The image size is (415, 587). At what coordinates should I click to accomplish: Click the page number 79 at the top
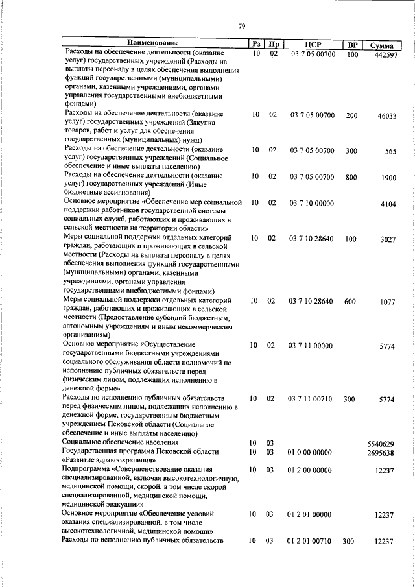[241, 26]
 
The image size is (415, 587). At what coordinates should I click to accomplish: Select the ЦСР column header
[313, 45]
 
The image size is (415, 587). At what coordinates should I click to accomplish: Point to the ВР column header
[353, 45]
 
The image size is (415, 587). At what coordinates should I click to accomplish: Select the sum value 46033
[386, 116]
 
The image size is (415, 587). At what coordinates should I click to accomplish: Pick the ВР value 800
[351, 177]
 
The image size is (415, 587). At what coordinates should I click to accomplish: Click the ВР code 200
[351, 115]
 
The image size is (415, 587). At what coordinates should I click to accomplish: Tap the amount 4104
[388, 204]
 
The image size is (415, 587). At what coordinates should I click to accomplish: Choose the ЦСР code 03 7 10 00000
[311, 203]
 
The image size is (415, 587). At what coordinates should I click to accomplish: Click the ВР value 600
[351, 301]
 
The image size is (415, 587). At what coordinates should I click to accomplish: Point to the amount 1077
[388, 302]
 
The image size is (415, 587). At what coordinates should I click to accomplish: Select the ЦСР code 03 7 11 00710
[311, 398]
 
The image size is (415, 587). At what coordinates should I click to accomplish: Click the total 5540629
[381, 444]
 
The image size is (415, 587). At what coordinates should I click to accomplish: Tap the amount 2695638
[381, 453]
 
